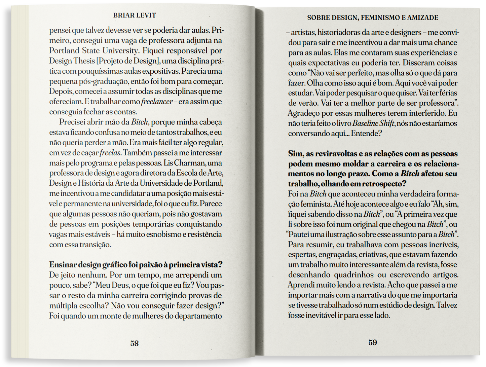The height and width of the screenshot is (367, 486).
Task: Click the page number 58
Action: coord(135,343)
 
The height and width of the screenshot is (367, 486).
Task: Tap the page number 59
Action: coord(373,342)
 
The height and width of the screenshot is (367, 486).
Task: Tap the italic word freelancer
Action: coord(157,102)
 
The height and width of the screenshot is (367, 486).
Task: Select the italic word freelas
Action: coord(110,153)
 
